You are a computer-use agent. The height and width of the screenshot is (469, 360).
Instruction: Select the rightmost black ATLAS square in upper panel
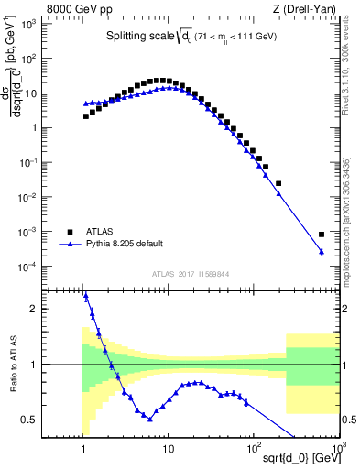322,234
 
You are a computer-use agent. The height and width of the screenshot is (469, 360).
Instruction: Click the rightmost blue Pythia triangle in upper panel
322,252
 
